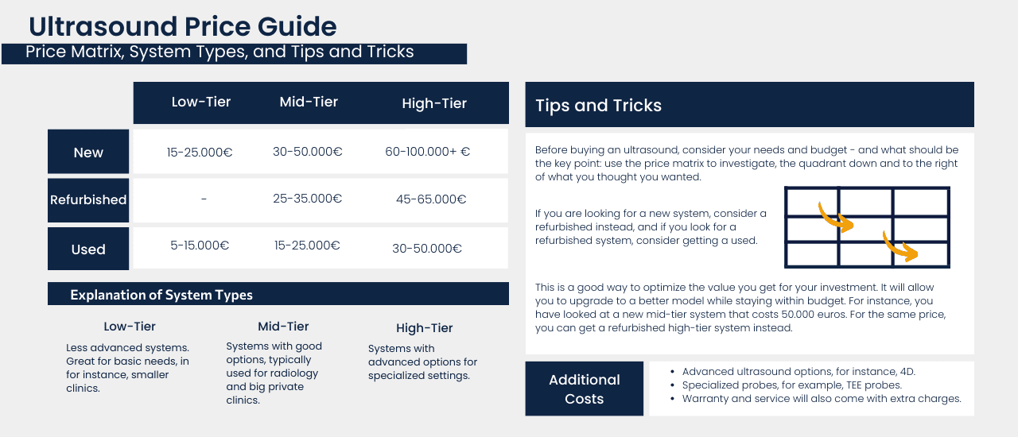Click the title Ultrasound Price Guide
(182, 26)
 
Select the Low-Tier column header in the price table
(201, 102)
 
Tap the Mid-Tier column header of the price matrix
(309, 102)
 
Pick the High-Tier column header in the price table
(434, 103)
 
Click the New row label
(88, 153)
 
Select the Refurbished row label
(88, 200)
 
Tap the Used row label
(88, 249)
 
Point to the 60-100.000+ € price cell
(427, 152)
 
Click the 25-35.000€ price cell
(308, 199)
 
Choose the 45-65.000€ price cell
(431, 199)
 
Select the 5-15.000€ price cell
(200, 246)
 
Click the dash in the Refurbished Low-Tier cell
(204, 199)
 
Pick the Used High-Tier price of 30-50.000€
(427, 249)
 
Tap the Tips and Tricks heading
(598, 106)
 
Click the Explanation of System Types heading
(161, 295)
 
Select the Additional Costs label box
(584, 389)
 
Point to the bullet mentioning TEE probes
(791, 385)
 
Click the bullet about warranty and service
(822, 399)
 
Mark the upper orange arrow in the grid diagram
(835, 216)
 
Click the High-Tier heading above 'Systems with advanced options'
(425, 328)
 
